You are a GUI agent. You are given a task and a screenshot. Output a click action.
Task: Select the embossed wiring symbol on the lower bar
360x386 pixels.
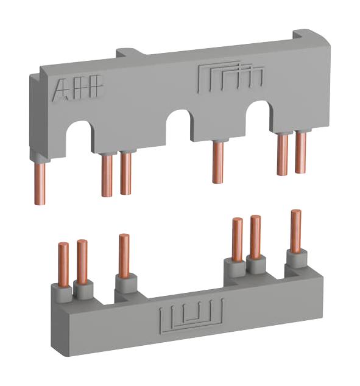(x=190, y=317)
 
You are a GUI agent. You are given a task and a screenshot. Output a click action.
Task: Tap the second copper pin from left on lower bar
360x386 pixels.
(x=82, y=261)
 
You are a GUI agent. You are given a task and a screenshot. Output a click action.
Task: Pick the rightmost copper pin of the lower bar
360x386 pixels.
(x=295, y=231)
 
